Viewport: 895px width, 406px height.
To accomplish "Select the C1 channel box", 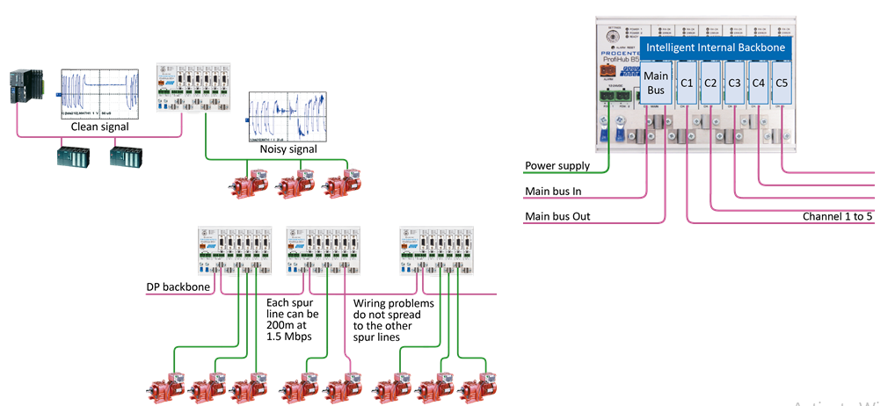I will (688, 83).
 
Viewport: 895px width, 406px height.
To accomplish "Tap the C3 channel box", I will (735, 83).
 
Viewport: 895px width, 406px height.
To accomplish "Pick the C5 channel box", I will (782, 83).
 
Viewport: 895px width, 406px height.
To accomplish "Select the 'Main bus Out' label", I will (557, 216).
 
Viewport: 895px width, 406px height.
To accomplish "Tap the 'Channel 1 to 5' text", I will (836, 216).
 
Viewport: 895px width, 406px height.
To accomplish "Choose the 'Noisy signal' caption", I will (287, 149).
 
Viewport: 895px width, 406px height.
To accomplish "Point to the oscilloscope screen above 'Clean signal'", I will (99, 94).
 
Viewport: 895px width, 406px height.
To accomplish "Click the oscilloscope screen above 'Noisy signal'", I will (287, 116).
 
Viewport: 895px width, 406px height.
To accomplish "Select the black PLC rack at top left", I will (23, 92).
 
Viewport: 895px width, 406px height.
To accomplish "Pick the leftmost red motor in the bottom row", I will (167, 387).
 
